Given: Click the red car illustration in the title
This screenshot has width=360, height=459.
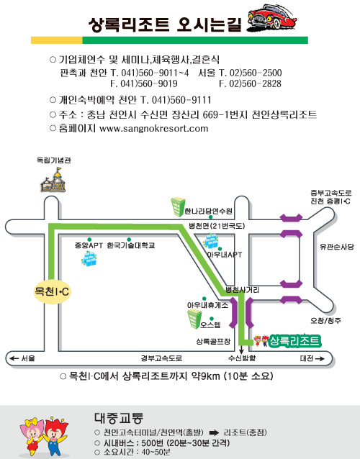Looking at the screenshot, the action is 271,17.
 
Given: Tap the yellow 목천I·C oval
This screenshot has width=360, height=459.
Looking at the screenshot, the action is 52,291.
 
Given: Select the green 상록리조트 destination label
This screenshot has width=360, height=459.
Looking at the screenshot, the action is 294,341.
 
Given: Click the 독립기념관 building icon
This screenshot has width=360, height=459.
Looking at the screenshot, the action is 53,181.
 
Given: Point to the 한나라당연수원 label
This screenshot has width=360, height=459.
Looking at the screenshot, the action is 208,211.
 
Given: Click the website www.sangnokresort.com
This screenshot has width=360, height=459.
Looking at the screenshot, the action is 154,129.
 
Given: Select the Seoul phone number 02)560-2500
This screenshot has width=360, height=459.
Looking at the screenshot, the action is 256,73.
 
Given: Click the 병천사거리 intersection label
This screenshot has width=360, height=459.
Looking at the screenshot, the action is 242,290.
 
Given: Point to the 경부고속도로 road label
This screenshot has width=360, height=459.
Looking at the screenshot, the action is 161,358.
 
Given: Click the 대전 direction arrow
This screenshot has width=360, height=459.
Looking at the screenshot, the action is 320,358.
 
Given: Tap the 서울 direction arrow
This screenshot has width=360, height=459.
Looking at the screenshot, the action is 14,358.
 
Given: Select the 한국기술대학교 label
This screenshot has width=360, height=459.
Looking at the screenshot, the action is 130,245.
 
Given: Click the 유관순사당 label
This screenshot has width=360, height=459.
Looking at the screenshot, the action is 336,247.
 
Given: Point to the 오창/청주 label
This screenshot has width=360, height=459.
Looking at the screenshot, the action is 325,321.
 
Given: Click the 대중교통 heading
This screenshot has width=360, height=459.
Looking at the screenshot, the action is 119,418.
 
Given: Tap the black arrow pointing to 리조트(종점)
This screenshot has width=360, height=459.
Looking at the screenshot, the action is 214,432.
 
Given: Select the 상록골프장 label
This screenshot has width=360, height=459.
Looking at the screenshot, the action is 213,341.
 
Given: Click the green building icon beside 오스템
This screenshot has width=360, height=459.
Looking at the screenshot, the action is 194,319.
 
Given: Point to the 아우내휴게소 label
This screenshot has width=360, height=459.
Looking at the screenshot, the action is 207,305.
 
